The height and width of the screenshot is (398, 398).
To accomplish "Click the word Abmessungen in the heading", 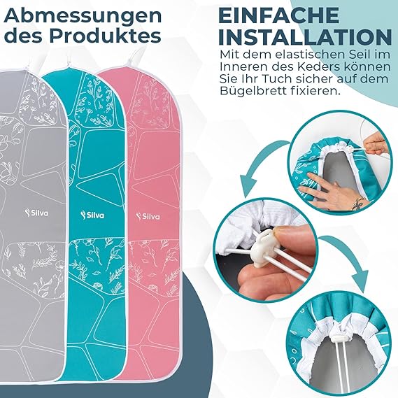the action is click(83, 16).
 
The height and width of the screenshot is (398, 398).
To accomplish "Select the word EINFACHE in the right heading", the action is click(279, 15).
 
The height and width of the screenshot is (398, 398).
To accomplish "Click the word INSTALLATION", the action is click(305, 37).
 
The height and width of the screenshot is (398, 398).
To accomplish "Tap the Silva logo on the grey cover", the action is click(36, 213).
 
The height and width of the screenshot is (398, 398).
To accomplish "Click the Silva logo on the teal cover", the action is click(92, 215).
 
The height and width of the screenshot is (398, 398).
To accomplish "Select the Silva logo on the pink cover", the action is click(148, 216).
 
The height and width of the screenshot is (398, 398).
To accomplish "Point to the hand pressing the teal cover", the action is click(330, 193).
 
